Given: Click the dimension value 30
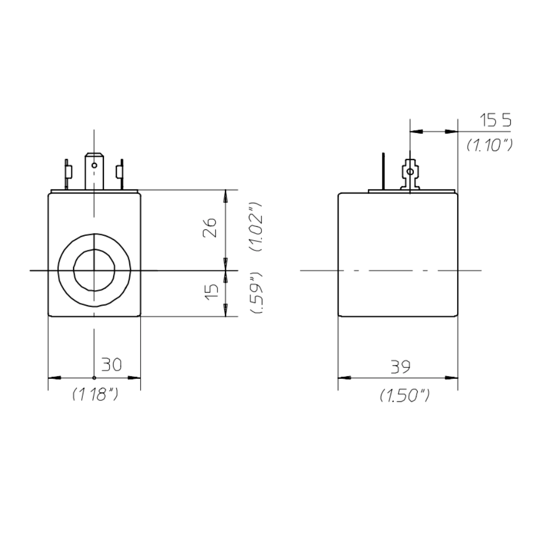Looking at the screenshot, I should (x=111, y=365).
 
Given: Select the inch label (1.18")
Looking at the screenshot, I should (x=95, y=395).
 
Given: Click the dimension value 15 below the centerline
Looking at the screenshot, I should (x=213, y=292).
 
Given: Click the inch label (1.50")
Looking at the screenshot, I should (x=405, y=396).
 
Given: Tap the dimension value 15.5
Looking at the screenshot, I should (x=495, y=120).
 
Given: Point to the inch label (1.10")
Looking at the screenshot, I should (x=490, y=144).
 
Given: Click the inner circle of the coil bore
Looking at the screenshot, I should (x=94, y=269).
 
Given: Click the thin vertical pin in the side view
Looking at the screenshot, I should (x=382, y=170).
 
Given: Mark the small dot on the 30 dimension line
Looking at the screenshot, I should (x=94, y=378).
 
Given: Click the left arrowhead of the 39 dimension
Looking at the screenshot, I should (x=342, y=378).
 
